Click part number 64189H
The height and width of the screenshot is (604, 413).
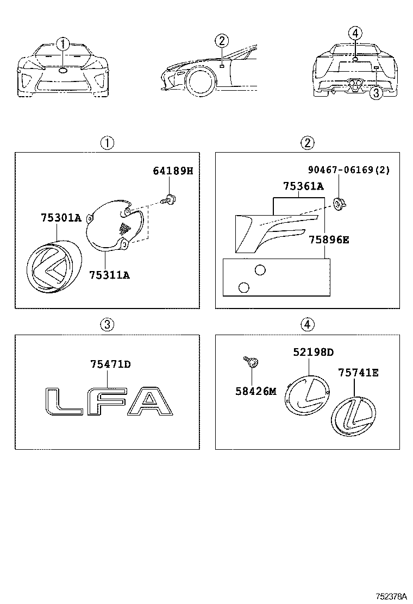click(173, 172)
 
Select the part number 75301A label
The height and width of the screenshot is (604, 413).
click(60, 218)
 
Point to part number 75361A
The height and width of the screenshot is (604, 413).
click(303, 186)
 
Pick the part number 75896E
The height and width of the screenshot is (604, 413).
click(329, 239)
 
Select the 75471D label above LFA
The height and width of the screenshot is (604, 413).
click(110, 364)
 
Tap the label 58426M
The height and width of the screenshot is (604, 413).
click(256, 391)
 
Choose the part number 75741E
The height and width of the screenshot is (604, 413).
click(358, 373)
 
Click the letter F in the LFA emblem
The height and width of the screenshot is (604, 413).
click(107, 403)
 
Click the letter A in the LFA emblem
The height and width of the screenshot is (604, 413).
click(149, 403)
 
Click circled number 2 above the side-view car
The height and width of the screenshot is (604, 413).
click(222, 40)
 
